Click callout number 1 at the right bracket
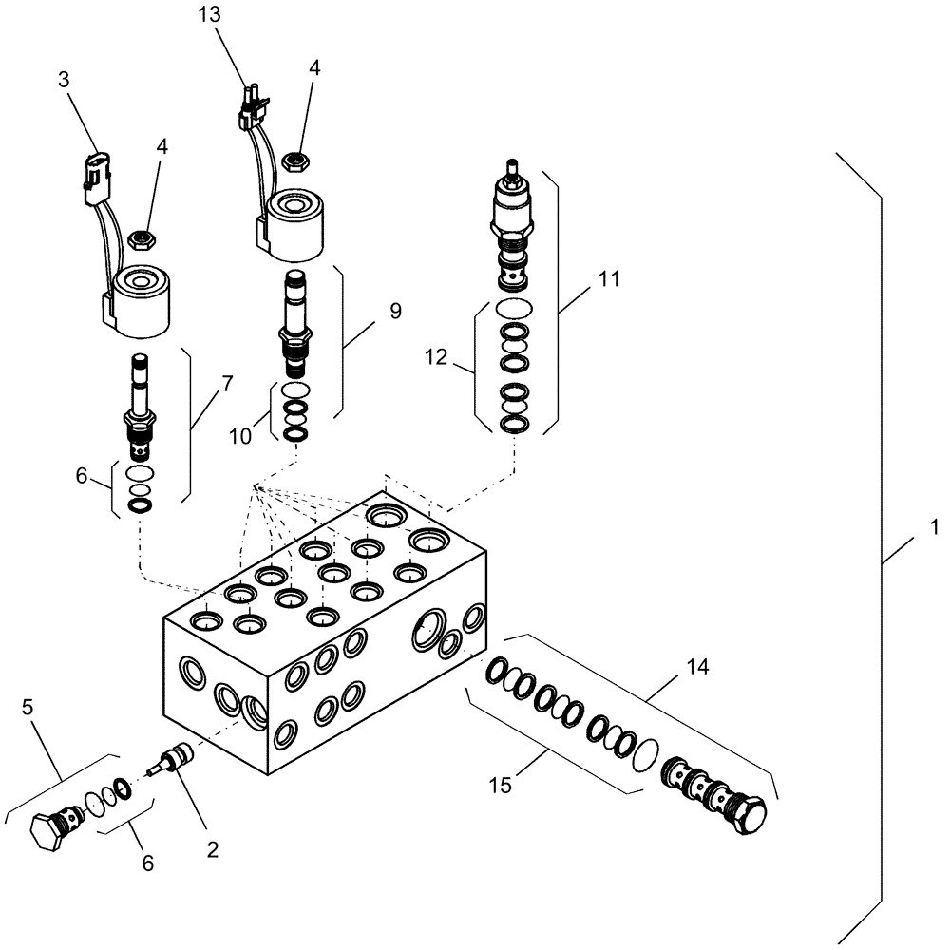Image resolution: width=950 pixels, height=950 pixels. pyautogui.click(x=934, y=525)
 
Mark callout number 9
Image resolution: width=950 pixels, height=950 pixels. pyautogui.click(x=369, y=310)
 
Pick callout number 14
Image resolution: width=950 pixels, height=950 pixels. pyautogui.click(x=697, y=666)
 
